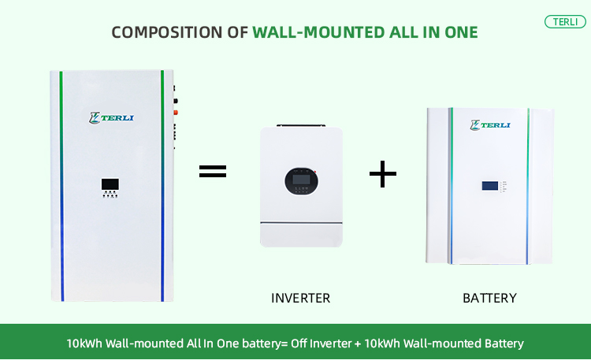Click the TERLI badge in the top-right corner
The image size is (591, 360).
[564, 21]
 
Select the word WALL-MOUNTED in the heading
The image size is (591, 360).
[311, 32]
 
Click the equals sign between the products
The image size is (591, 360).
[212, 171]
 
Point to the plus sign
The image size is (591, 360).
[383, 173]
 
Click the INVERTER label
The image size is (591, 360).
[300, 298]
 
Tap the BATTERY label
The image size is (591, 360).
[489, 298]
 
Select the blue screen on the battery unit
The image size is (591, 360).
[489, 187]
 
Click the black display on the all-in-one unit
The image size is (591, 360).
[110, 184]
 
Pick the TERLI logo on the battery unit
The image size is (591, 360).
[490, 124]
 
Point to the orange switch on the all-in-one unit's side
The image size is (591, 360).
[176, 112]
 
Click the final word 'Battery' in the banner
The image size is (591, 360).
[504, 343]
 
